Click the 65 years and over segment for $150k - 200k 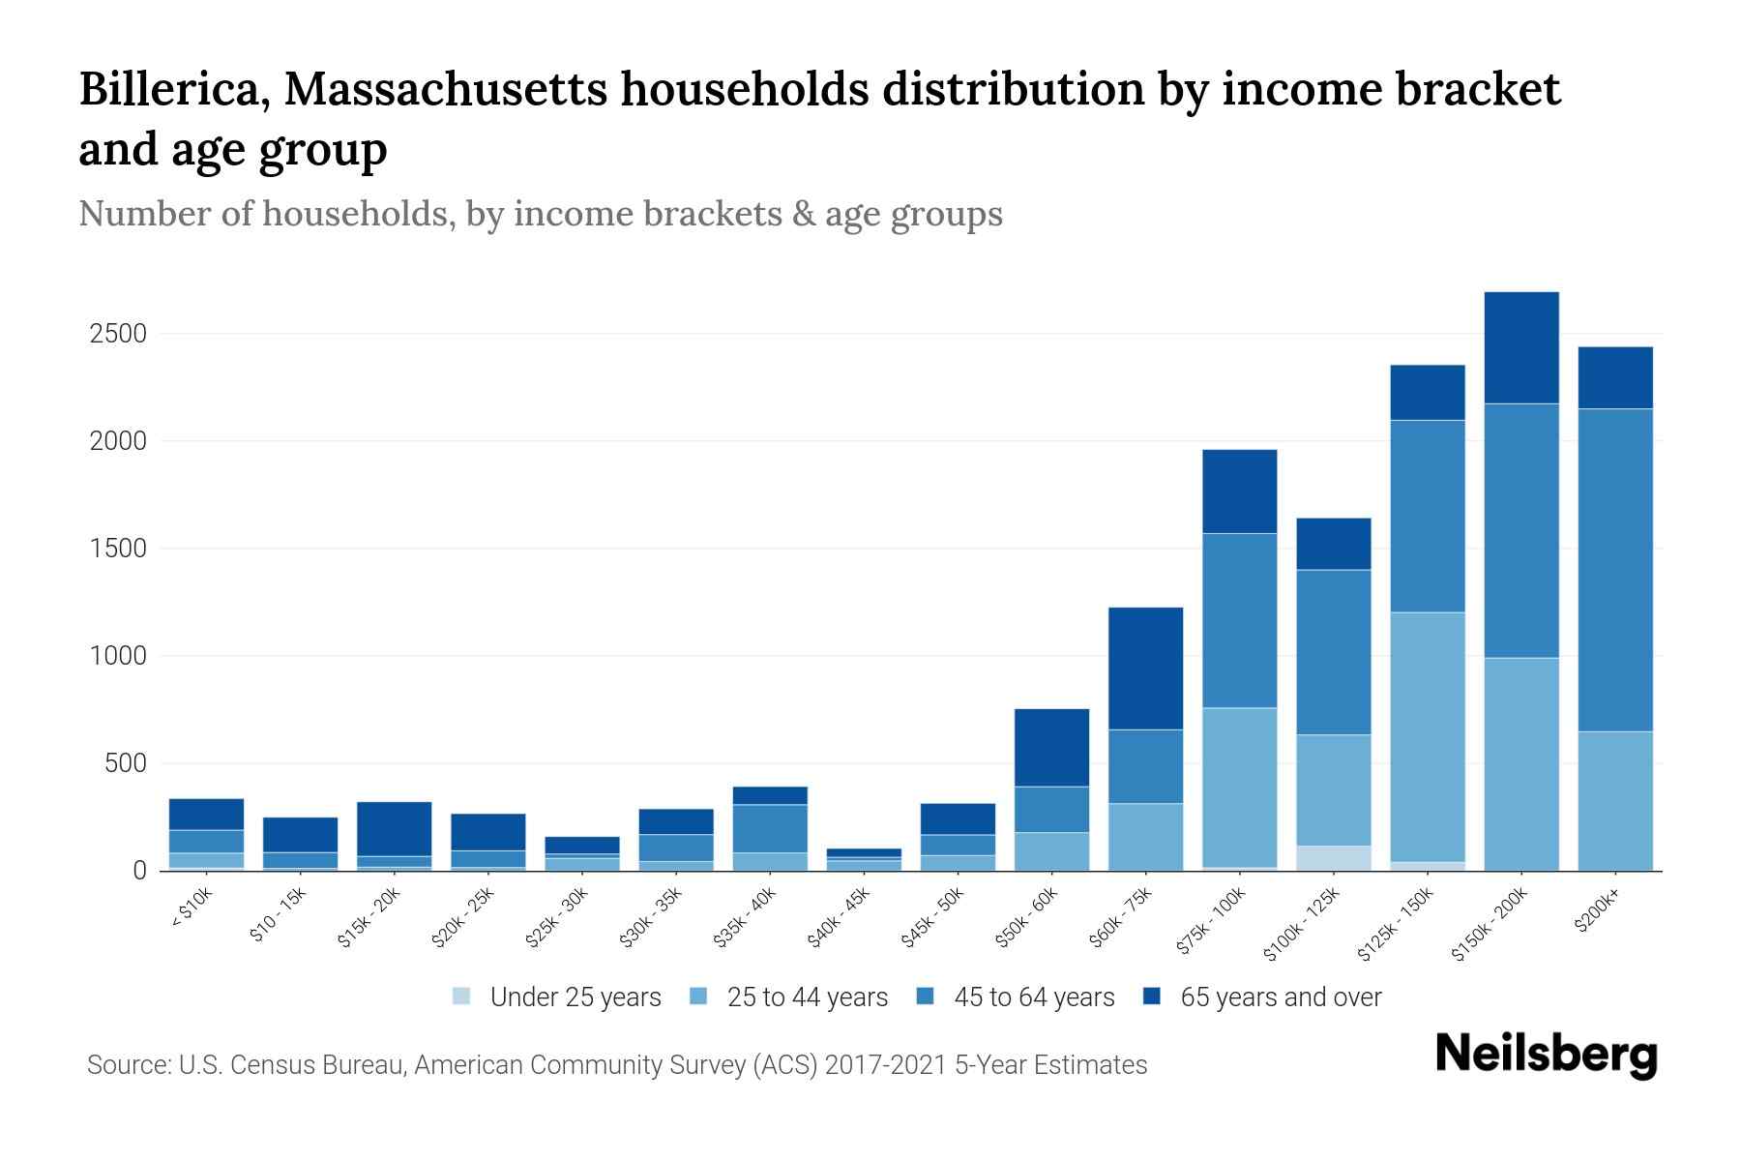(x=1521, y=347)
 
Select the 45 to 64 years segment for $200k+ (x=1615, y=570)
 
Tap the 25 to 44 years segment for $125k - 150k (x=1428, y=736)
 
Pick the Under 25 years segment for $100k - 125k (x=1334, y=858)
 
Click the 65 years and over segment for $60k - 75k (x=1146, y=669)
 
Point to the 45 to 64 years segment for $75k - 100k (x=1240, y=620)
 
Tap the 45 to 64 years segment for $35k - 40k (x=770, y=828)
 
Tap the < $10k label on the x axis (x=192, y=908)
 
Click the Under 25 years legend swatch (x=462, y=997)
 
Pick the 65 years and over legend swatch (x=1153, y=997)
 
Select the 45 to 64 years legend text (x=1034, y=997)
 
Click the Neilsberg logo (x=1546, y=1054)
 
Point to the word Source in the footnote (x=127, y=1065)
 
